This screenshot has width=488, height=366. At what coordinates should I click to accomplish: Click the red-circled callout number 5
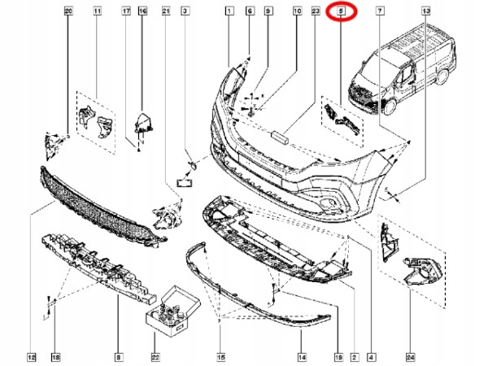coord(341,11)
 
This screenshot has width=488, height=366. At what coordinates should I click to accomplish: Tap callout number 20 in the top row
coord(68,11)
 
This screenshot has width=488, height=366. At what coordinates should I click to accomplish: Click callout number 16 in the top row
coord(142,11)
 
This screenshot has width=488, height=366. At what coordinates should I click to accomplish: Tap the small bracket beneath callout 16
coord(144,123)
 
